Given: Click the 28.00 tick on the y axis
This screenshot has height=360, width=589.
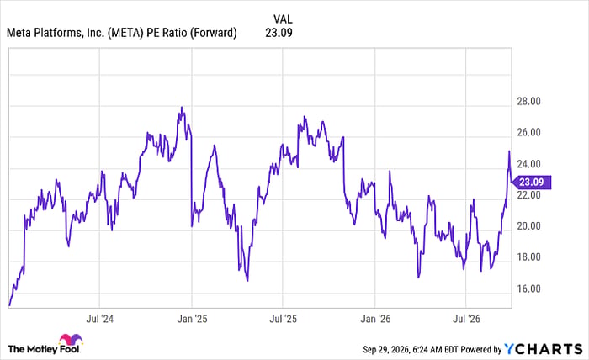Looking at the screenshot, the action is pos(528,102).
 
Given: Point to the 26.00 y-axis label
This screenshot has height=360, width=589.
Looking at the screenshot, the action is pos(528,133).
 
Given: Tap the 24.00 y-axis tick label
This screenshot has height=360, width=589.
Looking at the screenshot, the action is pos(528,164).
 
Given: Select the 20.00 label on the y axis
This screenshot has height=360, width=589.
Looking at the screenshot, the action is pos(528,226).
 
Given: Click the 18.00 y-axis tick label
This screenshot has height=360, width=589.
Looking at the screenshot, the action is pos(528,257).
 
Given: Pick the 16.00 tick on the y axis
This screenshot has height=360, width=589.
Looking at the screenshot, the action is pos(528,289).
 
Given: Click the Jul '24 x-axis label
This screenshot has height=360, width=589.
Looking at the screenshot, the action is pos(99,319).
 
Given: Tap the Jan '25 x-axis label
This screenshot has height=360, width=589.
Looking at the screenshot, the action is pos(192,319).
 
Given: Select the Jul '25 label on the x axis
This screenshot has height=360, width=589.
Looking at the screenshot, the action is pos(283,319).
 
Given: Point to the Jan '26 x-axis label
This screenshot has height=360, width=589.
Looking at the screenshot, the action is pos(375,319).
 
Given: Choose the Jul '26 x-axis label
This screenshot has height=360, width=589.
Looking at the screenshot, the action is pos(466,319).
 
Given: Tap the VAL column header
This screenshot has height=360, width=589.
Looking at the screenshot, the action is pos(283,19).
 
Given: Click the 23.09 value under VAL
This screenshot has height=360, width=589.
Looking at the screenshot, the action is pos(279,33).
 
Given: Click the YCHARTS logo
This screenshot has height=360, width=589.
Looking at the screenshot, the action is pos(544,349).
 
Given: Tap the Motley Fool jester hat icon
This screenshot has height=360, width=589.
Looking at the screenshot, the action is pos(71,340).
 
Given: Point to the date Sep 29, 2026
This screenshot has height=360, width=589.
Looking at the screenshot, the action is pos(385,350).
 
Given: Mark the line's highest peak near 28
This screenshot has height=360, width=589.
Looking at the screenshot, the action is pos(183,108).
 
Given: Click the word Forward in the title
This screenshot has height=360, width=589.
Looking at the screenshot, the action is pos(213,33).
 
